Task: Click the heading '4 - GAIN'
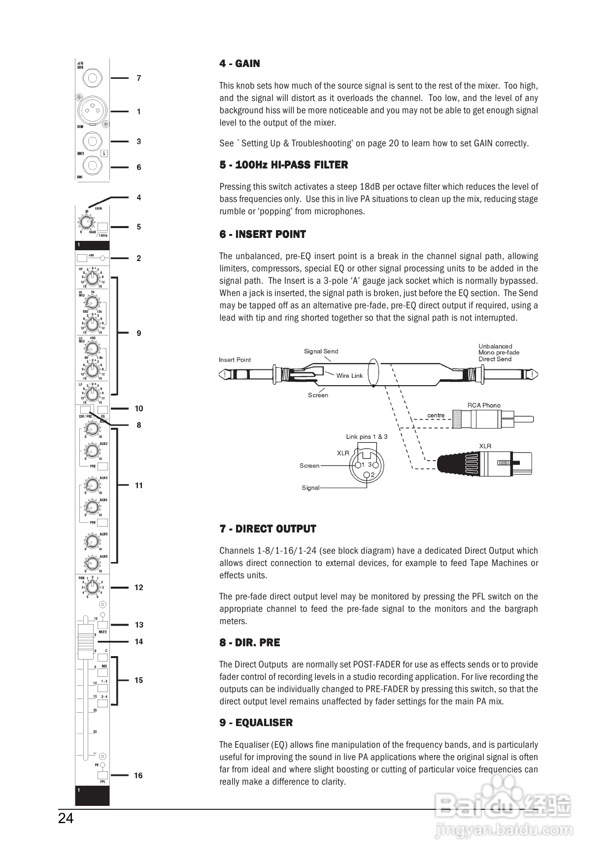tap(239, 64)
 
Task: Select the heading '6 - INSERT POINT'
tap(263, 234)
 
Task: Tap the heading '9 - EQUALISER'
tap(256, 723)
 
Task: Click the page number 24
tap(66, 818)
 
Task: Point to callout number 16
tap(138, 775)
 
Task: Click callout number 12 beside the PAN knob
tap(138, 587)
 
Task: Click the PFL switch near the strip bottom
tap(102, 775)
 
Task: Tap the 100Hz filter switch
tap(102, 227)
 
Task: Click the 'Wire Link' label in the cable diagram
tap(349, 376)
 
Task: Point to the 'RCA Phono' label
tap(483, 405)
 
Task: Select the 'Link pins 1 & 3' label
tap(367, 436)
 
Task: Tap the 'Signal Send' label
tap(321, 351)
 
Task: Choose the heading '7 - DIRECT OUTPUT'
tap(268, 529)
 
